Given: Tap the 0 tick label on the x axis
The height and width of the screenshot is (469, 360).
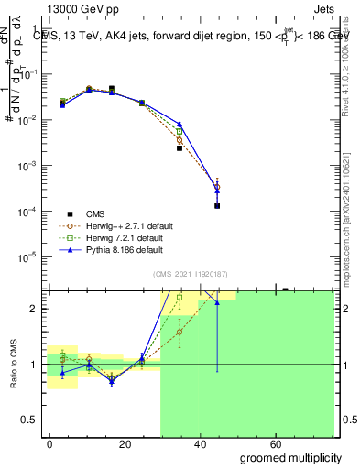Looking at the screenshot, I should point(49,444).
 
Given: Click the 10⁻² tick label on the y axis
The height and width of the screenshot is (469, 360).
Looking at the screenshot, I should point(27,120).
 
